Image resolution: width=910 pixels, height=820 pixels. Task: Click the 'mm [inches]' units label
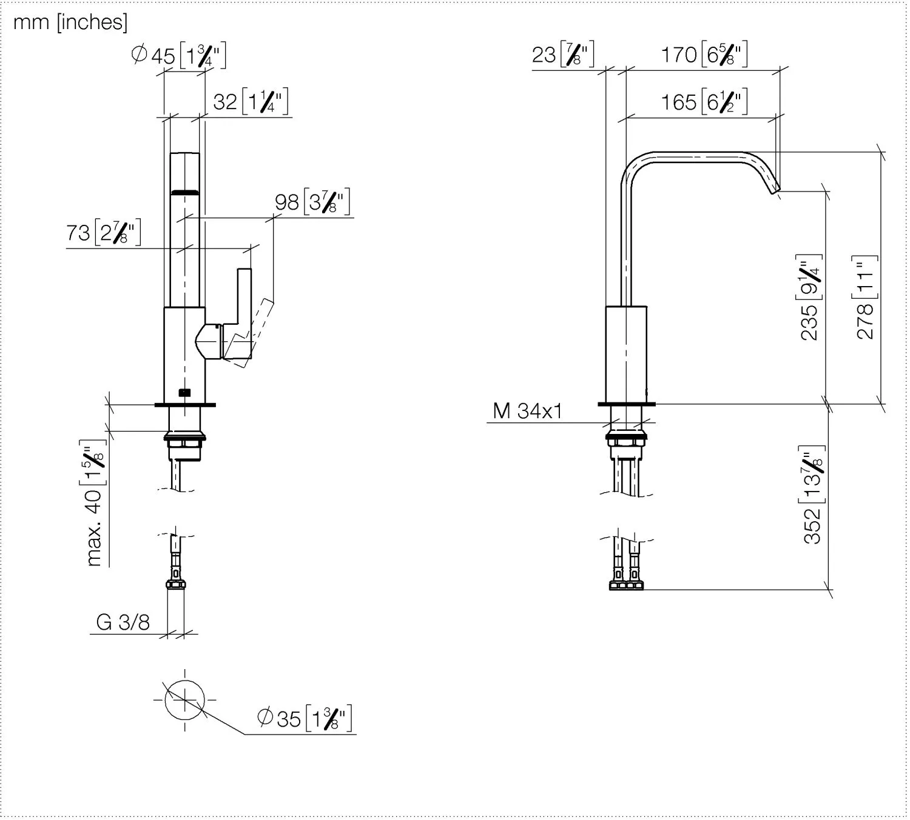tap(70, 22)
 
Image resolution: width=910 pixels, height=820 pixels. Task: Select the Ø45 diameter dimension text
tap(179, 55)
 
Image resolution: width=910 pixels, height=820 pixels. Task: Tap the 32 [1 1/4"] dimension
tap(251, 101)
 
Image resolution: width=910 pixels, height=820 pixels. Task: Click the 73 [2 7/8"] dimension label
tap(104, 232)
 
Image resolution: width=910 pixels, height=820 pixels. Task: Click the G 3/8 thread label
tap(123, 622)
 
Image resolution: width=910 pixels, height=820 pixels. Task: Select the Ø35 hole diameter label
tap(305, 718)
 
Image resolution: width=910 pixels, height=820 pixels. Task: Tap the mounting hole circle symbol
tap(184, 699)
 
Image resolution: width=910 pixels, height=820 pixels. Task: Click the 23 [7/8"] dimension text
tap(562, 55)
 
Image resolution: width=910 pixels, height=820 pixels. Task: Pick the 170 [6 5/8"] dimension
tap(704, 55)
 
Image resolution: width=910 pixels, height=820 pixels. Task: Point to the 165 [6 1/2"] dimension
tap(704, 102)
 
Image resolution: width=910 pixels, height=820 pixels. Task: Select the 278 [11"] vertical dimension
tap(865, 297)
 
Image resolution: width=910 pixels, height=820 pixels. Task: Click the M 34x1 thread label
tap(527, 411)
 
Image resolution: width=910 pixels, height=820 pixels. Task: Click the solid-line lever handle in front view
tap(243, 303)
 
